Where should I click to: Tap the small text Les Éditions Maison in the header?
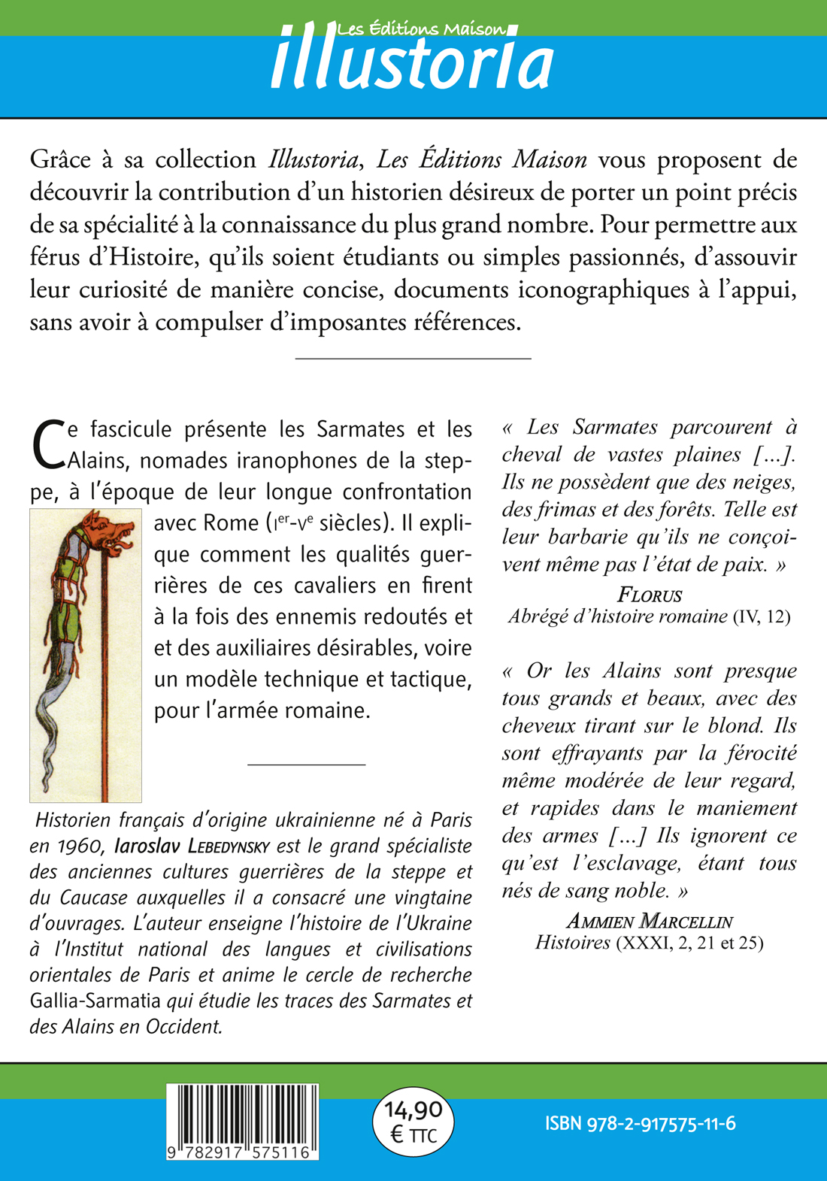(422, 29)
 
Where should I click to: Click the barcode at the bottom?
(242, 1113)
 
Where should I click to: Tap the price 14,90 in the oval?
(413, 1110)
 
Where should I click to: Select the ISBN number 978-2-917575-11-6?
(641, 1124)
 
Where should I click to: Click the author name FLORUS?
(649, 595)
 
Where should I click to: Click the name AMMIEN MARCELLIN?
(649, 921)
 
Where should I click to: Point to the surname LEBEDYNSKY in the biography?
(229, 846)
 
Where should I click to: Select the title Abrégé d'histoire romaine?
(617, 617)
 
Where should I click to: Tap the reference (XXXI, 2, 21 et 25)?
(689, 943)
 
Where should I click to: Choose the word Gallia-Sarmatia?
(95, 1001)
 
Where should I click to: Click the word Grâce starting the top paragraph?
(60, 160)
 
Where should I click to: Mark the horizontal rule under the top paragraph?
(413, 359)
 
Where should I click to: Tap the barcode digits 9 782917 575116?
(242, 1152)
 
